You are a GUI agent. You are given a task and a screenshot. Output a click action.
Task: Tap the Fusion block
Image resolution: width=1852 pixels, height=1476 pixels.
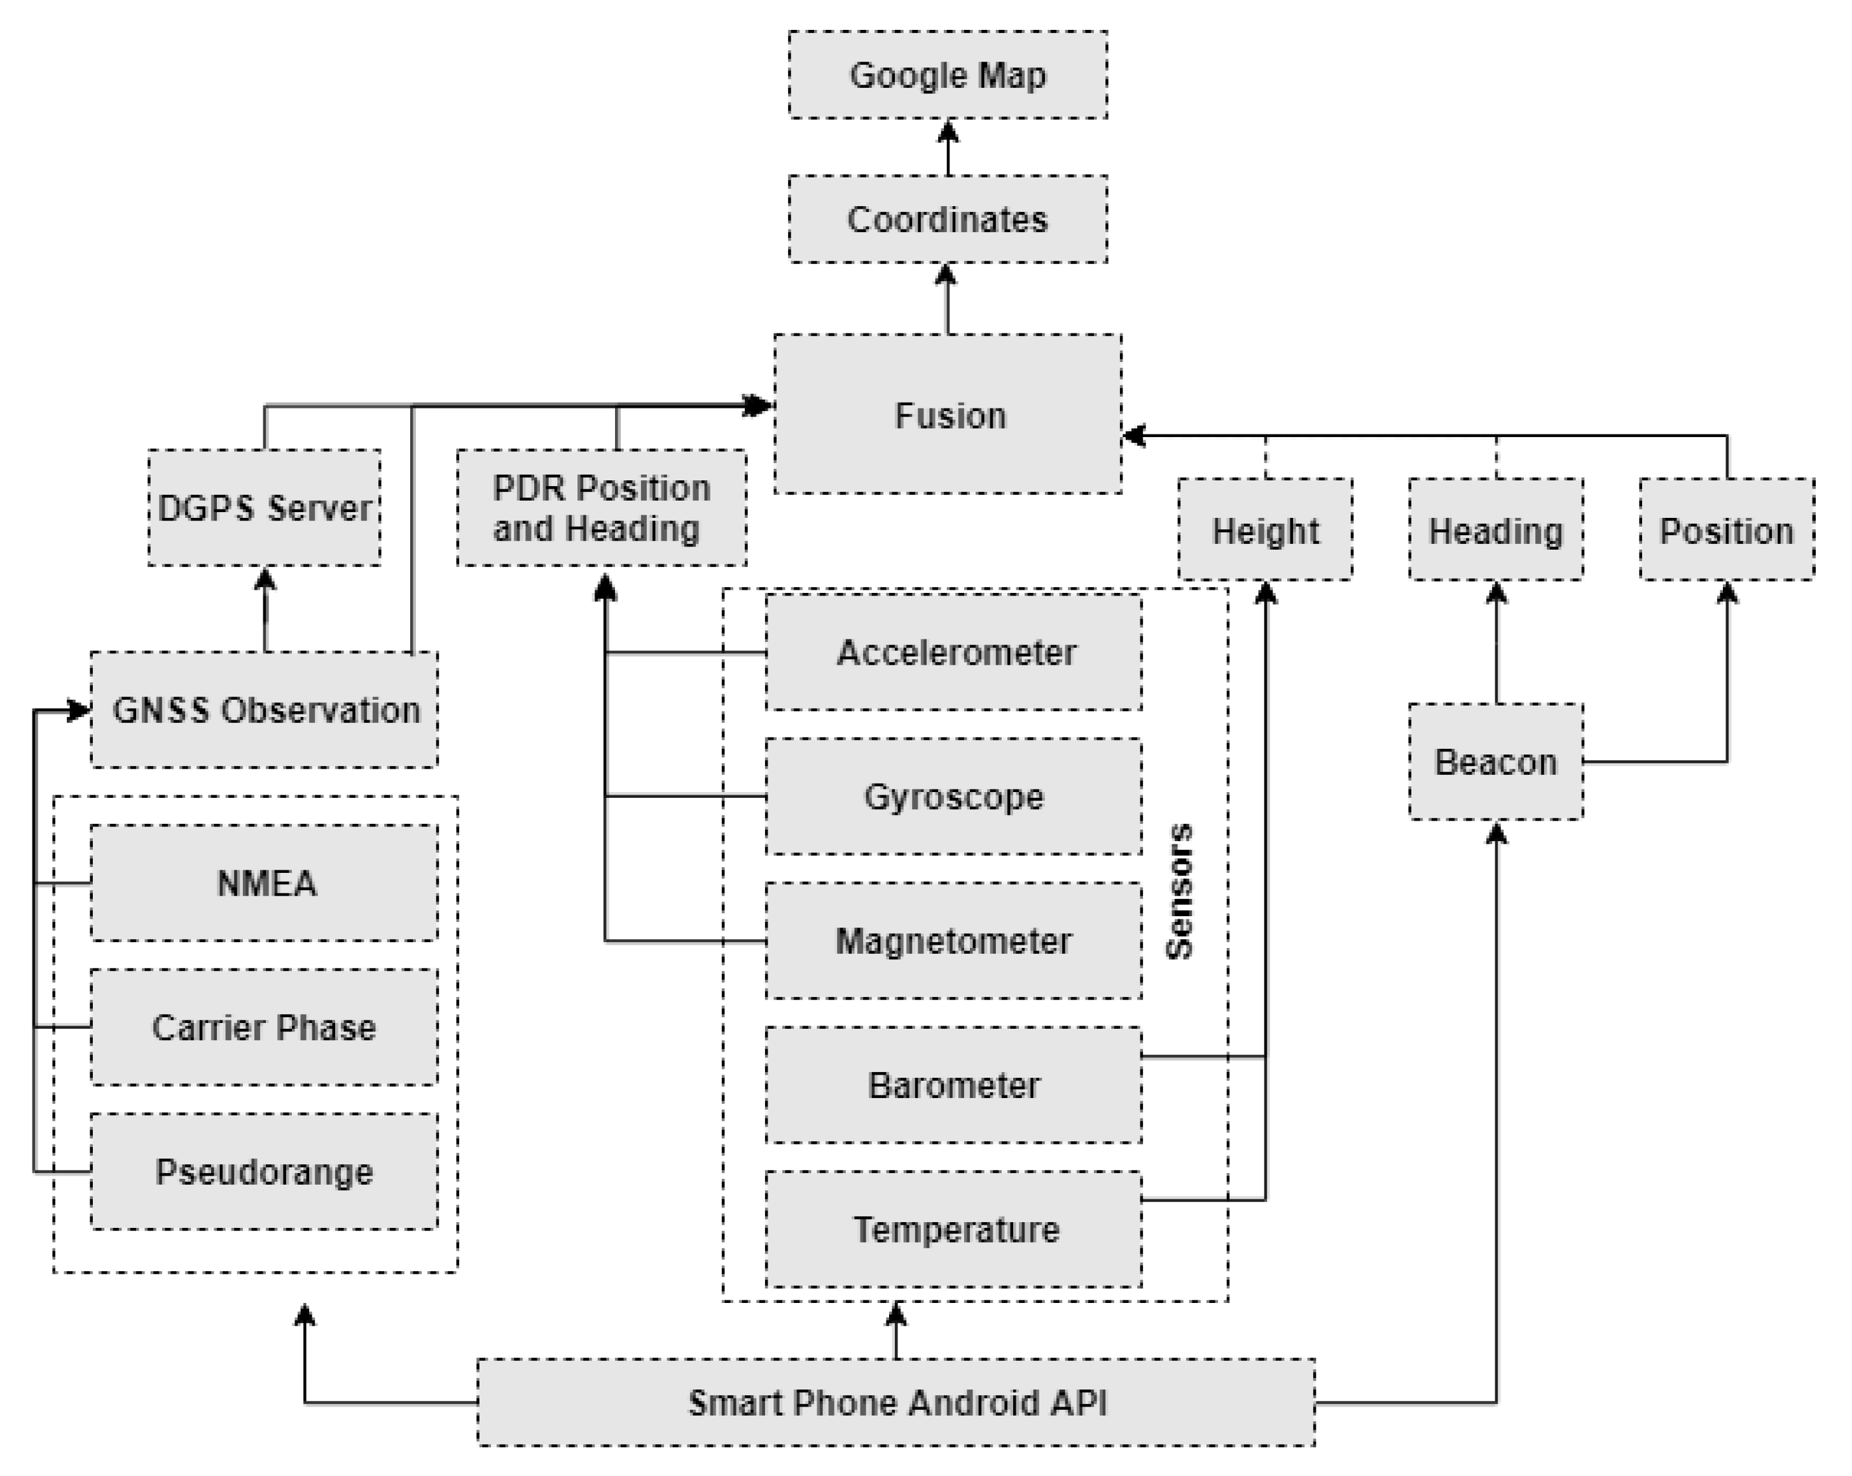coord(948,414)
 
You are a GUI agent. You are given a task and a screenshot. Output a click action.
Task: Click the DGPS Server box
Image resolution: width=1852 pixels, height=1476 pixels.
coord(265,508)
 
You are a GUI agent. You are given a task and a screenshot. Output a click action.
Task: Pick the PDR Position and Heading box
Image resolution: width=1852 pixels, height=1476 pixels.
coord(601,508)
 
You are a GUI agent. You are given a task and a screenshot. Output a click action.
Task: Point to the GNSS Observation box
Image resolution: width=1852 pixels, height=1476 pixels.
coord(265,709)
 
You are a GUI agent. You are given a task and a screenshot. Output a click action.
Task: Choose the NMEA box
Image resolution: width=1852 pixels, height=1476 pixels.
coord(265,883)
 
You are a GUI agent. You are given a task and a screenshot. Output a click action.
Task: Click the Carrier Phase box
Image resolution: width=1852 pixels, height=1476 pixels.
coord(265,1027)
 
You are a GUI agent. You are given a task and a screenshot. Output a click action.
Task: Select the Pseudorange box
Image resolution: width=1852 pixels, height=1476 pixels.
coord(265,1172)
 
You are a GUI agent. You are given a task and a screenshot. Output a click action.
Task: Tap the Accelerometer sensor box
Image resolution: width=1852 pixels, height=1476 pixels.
coord(953,652)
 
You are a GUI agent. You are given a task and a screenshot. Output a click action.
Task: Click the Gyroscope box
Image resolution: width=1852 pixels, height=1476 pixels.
coord(953,797)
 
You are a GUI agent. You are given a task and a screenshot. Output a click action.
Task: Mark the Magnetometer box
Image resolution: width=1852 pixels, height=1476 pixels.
coord(953,941)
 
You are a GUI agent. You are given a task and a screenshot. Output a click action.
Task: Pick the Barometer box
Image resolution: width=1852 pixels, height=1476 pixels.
coord(953,1085)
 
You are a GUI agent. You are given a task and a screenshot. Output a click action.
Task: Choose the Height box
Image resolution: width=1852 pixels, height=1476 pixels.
coord(1266,530)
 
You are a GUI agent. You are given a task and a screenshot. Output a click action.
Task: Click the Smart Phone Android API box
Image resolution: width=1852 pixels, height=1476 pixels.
coord(896,1403)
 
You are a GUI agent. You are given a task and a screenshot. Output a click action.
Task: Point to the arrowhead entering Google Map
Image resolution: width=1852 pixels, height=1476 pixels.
coord(948,130)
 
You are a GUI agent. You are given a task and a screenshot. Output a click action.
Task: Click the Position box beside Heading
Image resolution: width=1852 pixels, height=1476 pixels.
coord(1727,530)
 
